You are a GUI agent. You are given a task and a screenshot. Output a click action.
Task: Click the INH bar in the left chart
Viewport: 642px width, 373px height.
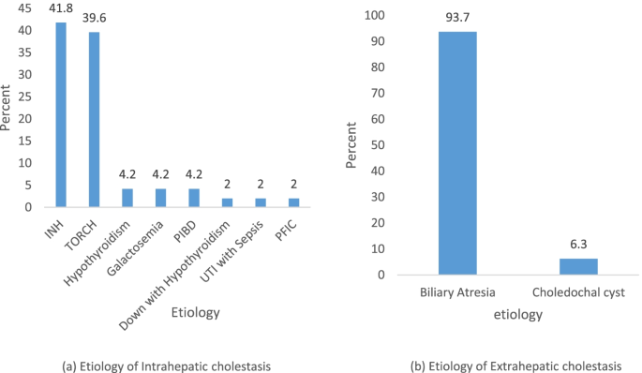(61, 113)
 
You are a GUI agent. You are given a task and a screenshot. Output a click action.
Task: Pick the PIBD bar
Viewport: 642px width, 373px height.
(194, 198)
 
